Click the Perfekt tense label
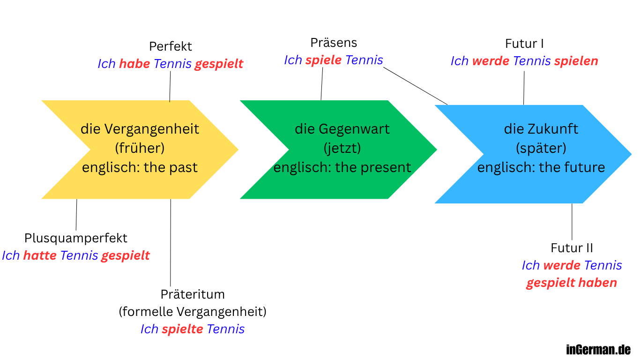pos(170,47)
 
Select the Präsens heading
pos(333,43)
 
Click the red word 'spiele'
pos(323,60)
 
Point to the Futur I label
pos(524,44)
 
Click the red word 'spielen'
pos(576,61)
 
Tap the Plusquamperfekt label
pos(76,238)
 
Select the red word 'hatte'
pos(40,255)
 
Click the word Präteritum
pos(193,294)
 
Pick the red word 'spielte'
pos(182,329)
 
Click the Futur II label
pos(572,248)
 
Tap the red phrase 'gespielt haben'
pos(571,283)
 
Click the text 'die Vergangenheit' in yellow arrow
pos(140,129)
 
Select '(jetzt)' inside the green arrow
pos(342,148)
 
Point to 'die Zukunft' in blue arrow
pos(541,129)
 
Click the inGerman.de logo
pos(598,349)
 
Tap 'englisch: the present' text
pos(342,167)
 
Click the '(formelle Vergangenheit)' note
pos(193,312)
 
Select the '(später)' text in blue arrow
pos(541,148)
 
